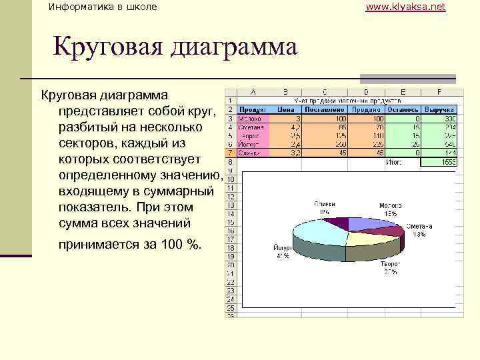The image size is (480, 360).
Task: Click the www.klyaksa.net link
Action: [x=405, y=7]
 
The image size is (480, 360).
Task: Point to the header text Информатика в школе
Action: [x=103, y=7]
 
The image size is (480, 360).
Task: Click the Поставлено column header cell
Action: [x=323, y=109]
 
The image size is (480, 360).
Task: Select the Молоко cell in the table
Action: [x=251, y=118]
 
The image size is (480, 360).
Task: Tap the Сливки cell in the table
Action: [x=250, y=153]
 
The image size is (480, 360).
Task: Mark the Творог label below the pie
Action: [x=390, y=264]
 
